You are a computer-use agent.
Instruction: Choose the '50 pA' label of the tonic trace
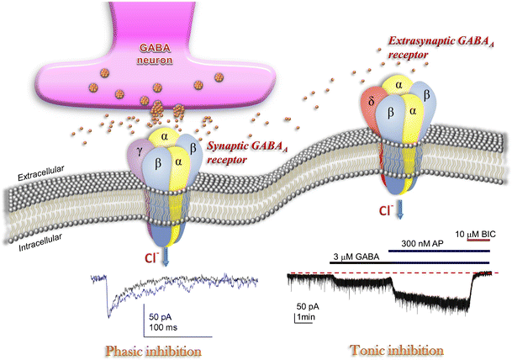pyautogui.click(x=309, y=306)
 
